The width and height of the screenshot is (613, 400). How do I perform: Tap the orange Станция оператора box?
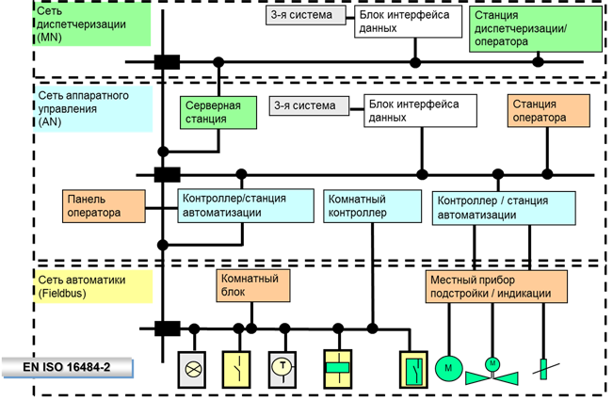[548, 110]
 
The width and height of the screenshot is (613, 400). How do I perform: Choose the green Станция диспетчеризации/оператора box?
[535, 28]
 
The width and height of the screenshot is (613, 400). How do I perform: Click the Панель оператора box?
[105, 206]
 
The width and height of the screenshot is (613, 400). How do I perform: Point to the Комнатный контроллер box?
[371, 205]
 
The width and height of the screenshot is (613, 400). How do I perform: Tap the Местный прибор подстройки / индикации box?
[496, 285]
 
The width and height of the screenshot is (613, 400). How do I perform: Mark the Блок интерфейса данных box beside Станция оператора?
[419, 110]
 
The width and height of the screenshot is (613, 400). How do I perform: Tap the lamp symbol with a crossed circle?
[195, 368]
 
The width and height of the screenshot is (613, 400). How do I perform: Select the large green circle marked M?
[449, 368]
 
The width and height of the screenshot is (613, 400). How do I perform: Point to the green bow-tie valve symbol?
[492, 373]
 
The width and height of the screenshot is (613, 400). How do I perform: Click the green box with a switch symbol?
[413, 368]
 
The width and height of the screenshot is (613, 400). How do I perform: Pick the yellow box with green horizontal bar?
[337, 368]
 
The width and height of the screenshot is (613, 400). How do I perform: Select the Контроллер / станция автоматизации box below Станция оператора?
[504, 207]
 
